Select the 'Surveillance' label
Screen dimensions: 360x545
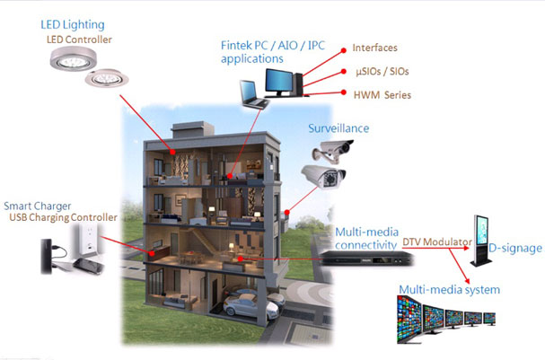point(339,128)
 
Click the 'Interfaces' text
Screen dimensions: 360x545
point(375,48)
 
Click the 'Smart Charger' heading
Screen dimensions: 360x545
point(39,206)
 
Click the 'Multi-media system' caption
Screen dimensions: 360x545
point(449,290)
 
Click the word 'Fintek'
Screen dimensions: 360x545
point(237,45)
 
